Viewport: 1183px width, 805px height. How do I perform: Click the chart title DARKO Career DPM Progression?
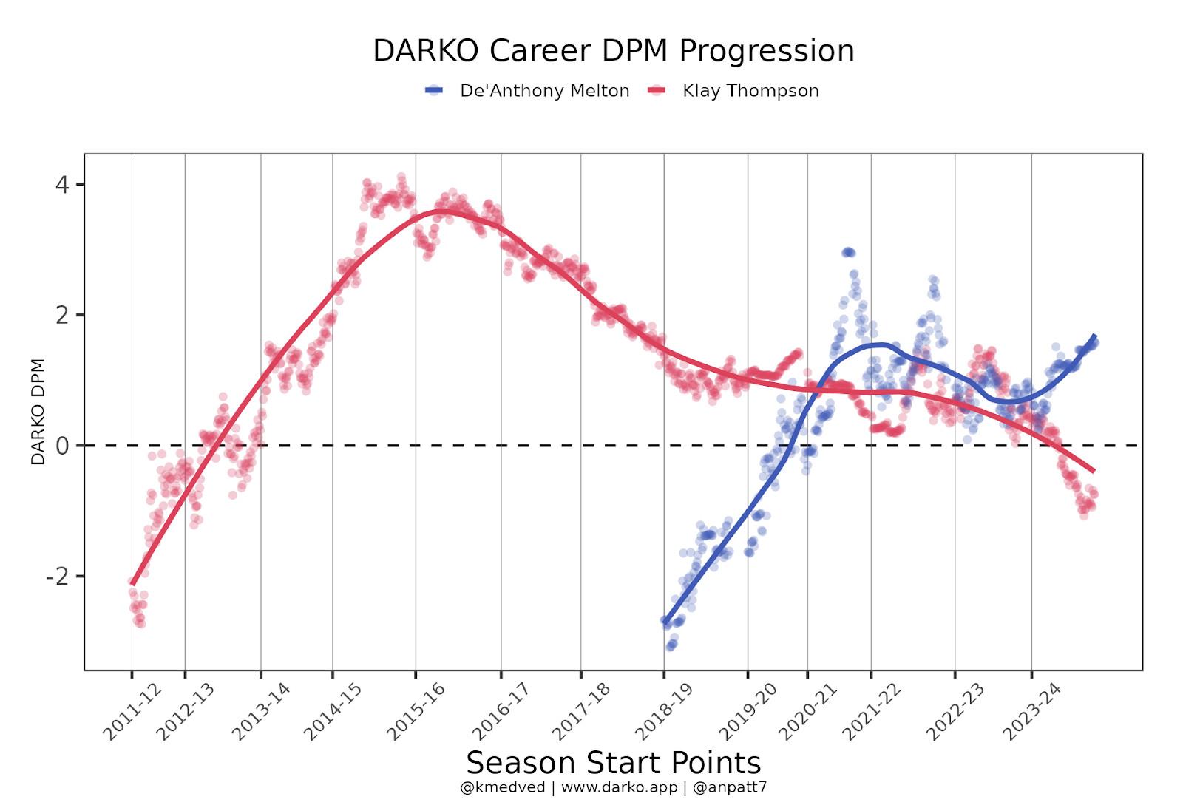tap(613, 51)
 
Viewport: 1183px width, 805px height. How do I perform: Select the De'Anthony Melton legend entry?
tap(544, 91)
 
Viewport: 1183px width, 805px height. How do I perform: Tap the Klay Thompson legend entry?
tap(750, 91)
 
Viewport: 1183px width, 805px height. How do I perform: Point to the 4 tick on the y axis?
tap(62, 184)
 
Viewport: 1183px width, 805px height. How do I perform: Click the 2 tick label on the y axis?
tap(62, 315)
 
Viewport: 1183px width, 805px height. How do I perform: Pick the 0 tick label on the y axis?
tap(62, 446)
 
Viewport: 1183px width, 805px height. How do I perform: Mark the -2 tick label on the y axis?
tap(58, 577)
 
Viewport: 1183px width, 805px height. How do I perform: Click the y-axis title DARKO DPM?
tap(38, 412)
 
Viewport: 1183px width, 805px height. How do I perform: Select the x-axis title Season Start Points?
tap(613, 762)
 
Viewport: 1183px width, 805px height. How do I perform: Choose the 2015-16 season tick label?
tap(416, 711)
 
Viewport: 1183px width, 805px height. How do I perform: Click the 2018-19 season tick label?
tap(664, 711)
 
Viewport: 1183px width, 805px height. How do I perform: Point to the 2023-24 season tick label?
tap(1031, 711)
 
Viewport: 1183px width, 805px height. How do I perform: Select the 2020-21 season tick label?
tap(807, 711)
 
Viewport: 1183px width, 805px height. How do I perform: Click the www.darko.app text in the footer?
tap(619, 787)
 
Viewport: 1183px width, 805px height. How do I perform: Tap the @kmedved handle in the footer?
tap(502, 787)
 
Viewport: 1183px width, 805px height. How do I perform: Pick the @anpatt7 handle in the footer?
tap(730, 787)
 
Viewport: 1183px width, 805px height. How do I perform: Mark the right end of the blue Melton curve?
tap(1094, 336)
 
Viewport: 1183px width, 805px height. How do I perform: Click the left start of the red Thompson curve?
tap(132, 582)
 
